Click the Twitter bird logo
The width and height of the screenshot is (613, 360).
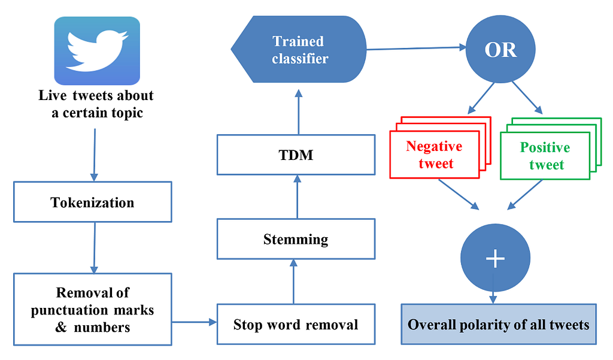pyautogui.click(x=97, y=51)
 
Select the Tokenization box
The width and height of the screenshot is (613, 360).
pyautogui.click(x=93, y=202)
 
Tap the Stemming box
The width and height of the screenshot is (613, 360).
pyautogui.click(x=296, y=238)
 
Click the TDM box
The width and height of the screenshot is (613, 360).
pyautogui.click(x=296, y=155)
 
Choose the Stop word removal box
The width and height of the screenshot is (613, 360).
pyautogui.click(x=296, y=324)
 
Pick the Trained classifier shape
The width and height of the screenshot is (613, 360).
pyautogui.click(x=299, y=49)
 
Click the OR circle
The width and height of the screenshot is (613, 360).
pyautogui.click(x=500, y=49)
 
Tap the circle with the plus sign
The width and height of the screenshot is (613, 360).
pyautogui.click(x=495, y=258)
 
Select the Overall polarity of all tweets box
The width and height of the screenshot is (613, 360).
pyautogui.click(x=499, y=324)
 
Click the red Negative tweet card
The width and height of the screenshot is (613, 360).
pyautogui.click(x=435, y=155)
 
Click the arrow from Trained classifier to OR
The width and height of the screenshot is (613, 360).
pyautogui.click(x=416, y=48)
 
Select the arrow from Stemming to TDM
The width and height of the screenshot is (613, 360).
pyautogui.click(x=297, y=197)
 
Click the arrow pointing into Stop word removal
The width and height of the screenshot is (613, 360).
pyautogui.click(x=195, y=322)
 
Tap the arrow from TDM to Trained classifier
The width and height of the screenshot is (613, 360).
pyautogui.click(x=299, y=112)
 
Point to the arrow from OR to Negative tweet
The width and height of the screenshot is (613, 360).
pyautogui.click(x=481, y=98)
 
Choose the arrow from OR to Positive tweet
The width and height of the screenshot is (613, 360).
pyautogui.click(x=527, y=98)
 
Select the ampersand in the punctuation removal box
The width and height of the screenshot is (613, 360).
pyautogui.click(x=61, y=326)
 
